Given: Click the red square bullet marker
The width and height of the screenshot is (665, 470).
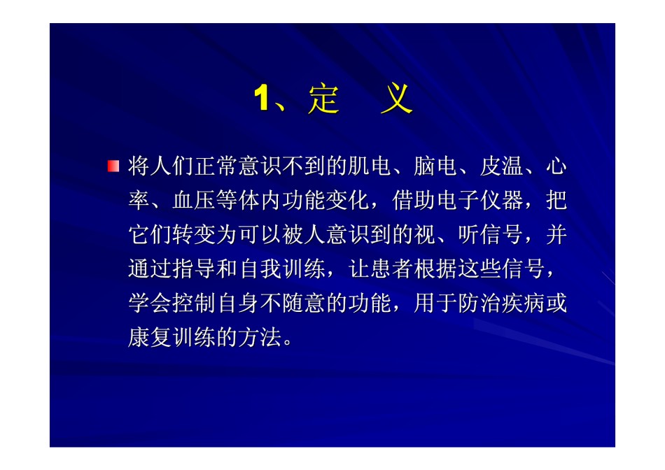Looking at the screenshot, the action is pyautogui.click(x=113, y=166).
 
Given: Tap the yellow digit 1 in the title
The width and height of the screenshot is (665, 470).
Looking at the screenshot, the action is pyautogui.click(x=262, y=99).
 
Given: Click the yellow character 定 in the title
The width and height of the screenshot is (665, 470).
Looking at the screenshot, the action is pyautogui.click(x=324, y=99).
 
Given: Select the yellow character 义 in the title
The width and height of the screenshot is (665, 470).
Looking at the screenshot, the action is pyautogui.click(x=396, y=99).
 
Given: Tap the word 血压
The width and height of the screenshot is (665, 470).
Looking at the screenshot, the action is pyautogui.click(x=194, y=200).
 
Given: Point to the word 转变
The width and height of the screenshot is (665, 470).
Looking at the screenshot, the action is pyautogui.click(x=194, y=234).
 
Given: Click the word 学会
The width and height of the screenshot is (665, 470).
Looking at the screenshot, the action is pyautogui.click(x=150, y=303).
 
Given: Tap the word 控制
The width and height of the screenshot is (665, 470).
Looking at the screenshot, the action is pyautogui.click(x=194, y=303).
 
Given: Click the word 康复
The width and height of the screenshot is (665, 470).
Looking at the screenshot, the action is pyautogui.click(x=150, y=337).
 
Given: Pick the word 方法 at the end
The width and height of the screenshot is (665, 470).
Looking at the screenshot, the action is pyautogui.click(x=260, y=337).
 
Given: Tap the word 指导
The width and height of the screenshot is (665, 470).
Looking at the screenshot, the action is pyautogui.click(x=194, y=269).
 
